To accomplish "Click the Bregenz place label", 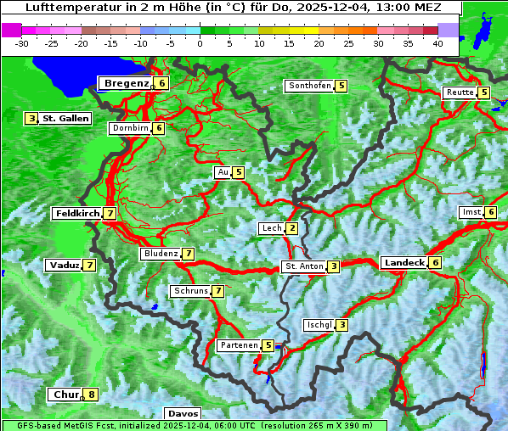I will (127, 83).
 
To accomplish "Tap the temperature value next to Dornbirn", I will (159, 128).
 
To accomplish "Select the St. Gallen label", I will (65, 119).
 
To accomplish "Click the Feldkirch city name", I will (76, 214).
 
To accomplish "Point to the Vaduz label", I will (65, 266).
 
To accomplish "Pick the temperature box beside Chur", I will (92, 395).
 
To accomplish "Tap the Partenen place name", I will (237, 345).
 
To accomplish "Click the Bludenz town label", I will (161, 254).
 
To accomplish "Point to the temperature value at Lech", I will (292, 228).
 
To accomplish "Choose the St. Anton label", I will (304, 266).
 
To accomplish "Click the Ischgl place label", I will (319, 325).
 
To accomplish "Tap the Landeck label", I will (404, 263).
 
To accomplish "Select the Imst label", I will (470, 212).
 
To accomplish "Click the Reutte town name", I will (460, 92).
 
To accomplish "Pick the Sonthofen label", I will (309, 86).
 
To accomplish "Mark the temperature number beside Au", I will (239, 172).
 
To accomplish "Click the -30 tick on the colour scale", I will (22, 43).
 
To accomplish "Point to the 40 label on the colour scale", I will (437, 43).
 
